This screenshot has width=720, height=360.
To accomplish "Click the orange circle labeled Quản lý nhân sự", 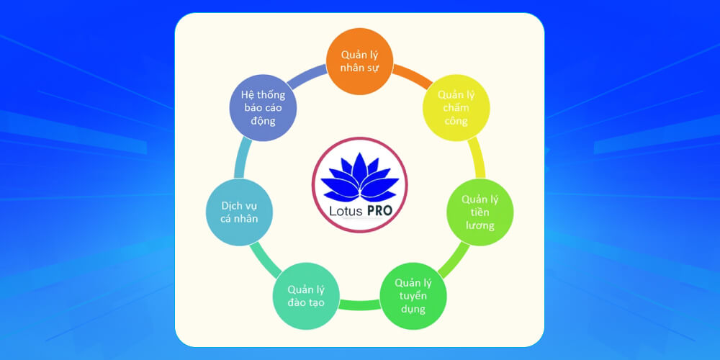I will pyautogui.click(x=359, y=62).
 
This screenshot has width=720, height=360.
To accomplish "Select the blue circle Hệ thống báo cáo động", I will pyautogui.click(x=263, y=107).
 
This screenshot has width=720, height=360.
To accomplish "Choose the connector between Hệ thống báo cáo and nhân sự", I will pyautogui.click(x=308, y=74).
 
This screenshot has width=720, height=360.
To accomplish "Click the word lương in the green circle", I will pyautogui.click(x=479, y=225).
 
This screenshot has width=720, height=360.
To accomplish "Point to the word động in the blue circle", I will pyautogui.click(x=263, y=121).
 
